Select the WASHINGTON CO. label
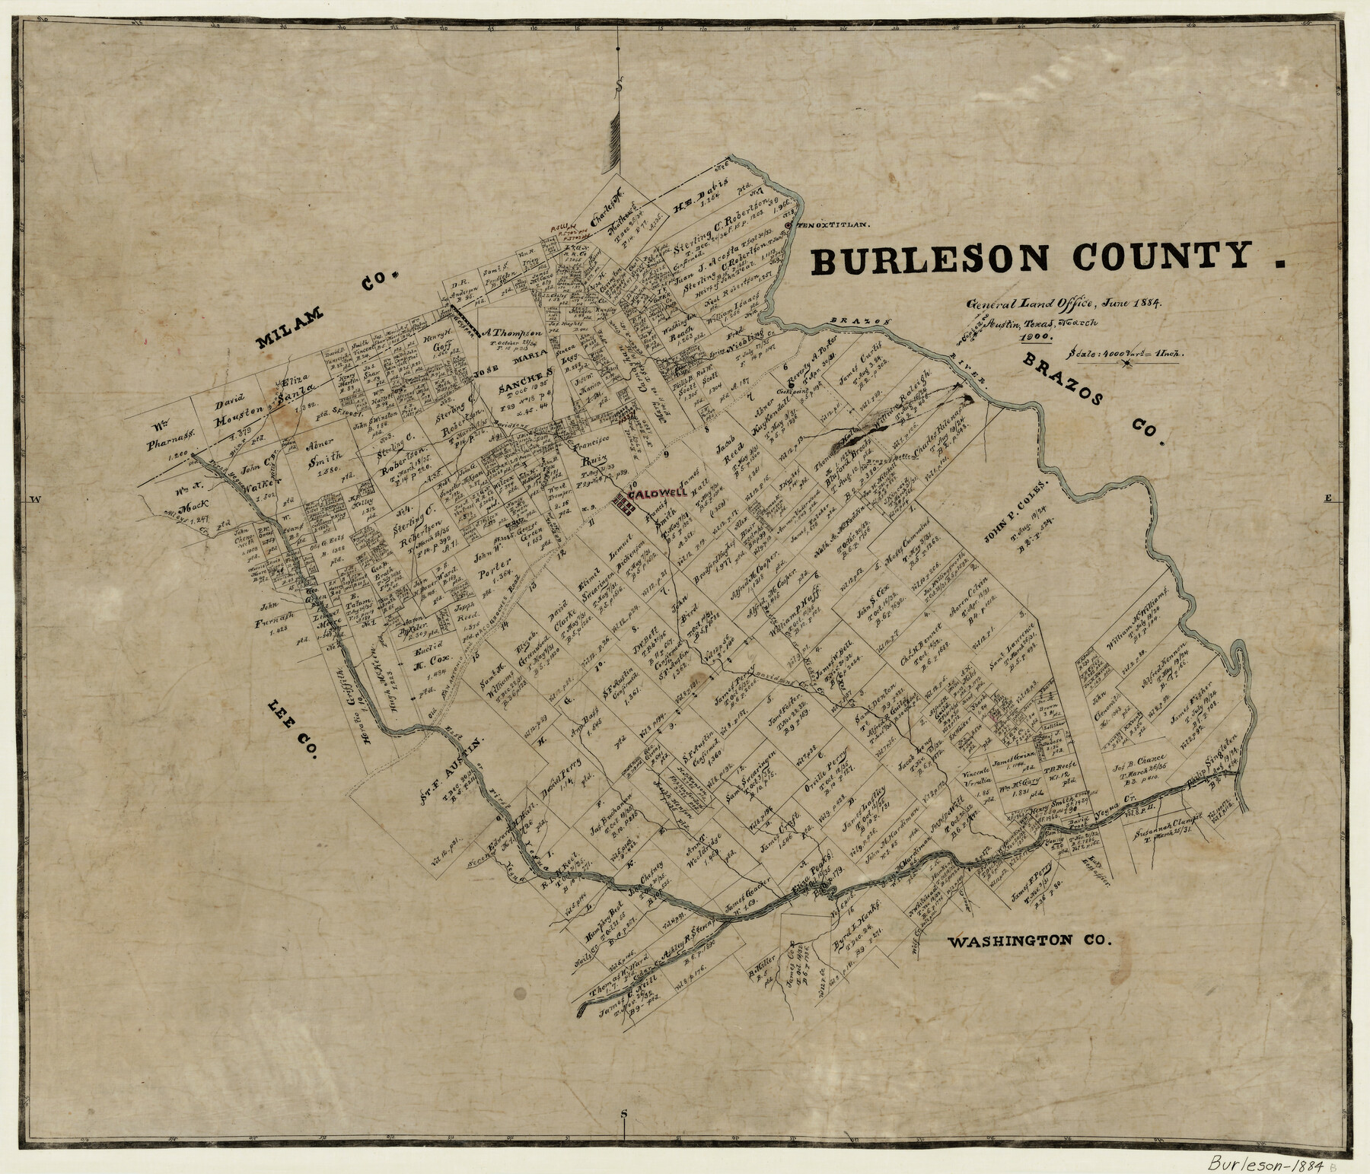click(1030, 941)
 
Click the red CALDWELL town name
click(657, 493)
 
